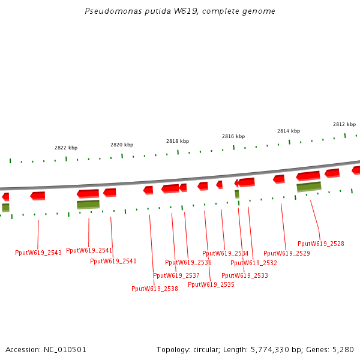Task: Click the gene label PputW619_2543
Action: [x=38, y=253]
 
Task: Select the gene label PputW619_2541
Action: [x=89, y=251]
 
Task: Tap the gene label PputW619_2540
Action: [x=113, y=262]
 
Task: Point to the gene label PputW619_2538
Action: [x=155, y=289]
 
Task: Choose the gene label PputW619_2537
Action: [x=176, y=276]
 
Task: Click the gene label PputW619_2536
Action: [x=188, y=263]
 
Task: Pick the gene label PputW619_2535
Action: [x=211, y=285]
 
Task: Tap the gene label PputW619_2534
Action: [x=226, y=254]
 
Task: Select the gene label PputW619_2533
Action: [x=245, y=276]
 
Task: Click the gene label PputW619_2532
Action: [x=254, y=263]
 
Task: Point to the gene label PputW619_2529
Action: [x=287, y=254]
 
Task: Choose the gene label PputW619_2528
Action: [x=321, y=244]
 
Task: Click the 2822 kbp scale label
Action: [x=66, y=148]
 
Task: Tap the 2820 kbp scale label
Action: [x=122, y=145]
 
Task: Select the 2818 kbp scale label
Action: [x=178, y=141]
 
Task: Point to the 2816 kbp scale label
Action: [x=233, y=136]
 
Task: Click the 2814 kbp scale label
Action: [x=289, y=131]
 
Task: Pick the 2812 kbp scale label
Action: [x=344, y=124]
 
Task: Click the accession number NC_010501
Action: [x=46, y=349]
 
